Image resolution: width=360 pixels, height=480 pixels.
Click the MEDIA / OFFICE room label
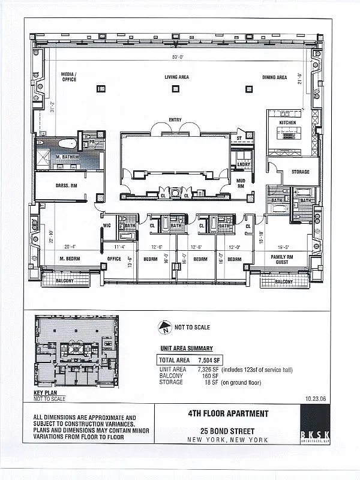pos(69,77)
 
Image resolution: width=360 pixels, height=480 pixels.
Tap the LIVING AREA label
pos(177,77)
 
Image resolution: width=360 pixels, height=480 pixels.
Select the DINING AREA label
pos(274,77)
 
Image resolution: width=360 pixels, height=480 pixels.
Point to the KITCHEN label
pos(287,122)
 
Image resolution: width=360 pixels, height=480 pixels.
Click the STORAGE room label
pos(301,172)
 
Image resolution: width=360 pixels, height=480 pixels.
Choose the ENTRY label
pos(175,120)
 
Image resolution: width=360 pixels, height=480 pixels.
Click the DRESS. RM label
pos(66,186)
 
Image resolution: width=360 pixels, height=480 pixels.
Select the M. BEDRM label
pos(70,259)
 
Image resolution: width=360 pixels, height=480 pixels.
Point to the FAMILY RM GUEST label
pos(282,259)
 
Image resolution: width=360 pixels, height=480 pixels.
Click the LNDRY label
pos(244,164)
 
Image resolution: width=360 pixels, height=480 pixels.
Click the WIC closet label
pos(107,226)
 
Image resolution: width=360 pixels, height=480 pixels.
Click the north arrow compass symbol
pos(165,328)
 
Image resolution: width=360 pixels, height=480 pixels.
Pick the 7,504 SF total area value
pos(209,361)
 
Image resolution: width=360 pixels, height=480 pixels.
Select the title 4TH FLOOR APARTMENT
pos(227,413)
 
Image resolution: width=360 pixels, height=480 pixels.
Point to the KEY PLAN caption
pos(46,393)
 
